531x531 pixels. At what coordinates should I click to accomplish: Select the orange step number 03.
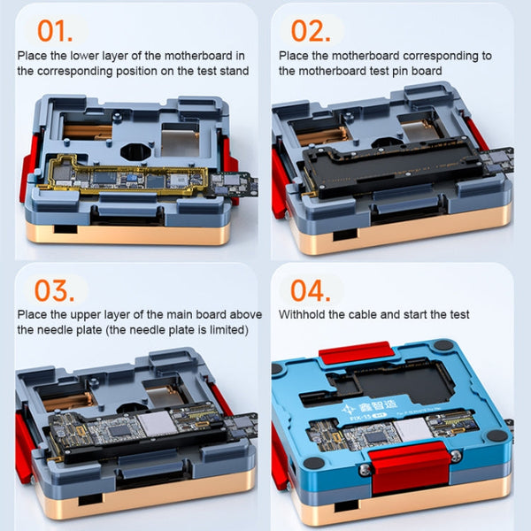pos(54,293)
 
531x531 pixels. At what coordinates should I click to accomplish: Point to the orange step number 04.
pos(312,293)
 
